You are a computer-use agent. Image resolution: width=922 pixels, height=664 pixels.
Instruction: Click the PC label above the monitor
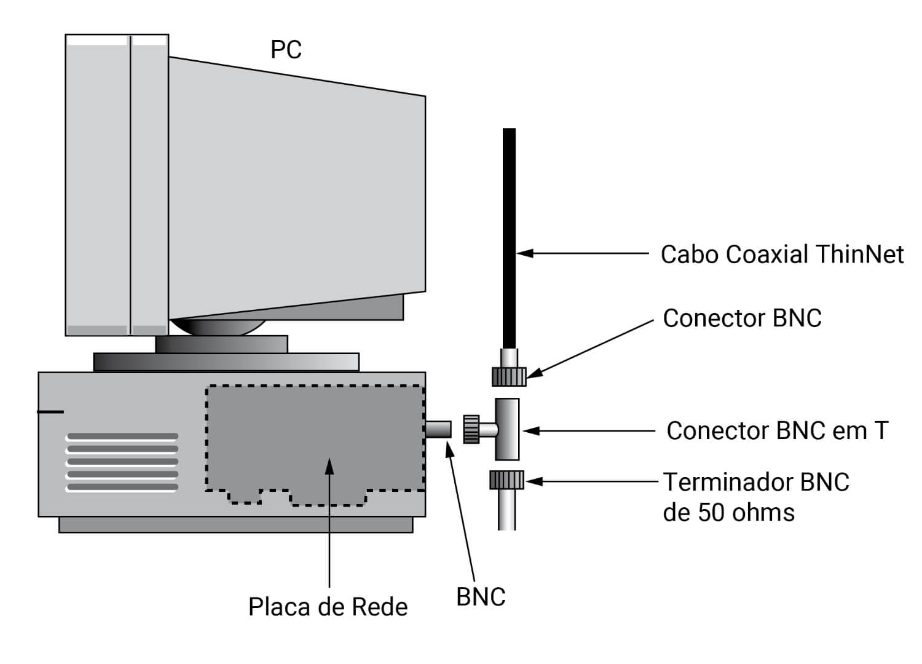(x=286, y=50)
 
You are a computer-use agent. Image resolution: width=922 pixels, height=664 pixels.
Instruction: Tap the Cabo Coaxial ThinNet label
(x=781, y=254)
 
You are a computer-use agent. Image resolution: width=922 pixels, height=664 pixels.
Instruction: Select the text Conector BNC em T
(x=777, y=430)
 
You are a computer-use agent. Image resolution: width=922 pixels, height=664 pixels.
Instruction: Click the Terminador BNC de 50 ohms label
(x=755, y=497)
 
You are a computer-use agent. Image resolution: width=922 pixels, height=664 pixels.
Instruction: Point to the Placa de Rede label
(x=328, y=607)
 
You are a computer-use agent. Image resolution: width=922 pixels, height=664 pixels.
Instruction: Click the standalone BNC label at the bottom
(x=481, y=596)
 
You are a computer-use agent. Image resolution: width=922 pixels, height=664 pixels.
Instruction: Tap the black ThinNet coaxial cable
(x=509, y=234)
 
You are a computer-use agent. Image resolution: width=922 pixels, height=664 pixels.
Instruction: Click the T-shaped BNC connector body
(x=507, y=429)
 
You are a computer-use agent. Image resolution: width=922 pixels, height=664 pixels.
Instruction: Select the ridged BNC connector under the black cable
(x=509, y=376)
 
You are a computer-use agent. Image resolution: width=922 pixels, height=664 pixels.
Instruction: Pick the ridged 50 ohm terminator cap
(x=507, y=480)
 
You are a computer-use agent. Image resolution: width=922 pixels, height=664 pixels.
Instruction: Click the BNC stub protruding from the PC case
(x=438, y=429)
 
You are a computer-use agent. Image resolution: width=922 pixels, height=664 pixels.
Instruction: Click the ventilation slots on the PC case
(x=122, y=462)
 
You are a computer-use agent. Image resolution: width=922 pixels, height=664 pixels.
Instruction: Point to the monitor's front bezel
(x=117, y=184)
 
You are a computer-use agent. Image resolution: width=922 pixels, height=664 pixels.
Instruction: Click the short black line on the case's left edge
(x=50, y=411)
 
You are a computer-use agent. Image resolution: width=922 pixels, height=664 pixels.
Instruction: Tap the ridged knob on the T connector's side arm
(x=471, y=429)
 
